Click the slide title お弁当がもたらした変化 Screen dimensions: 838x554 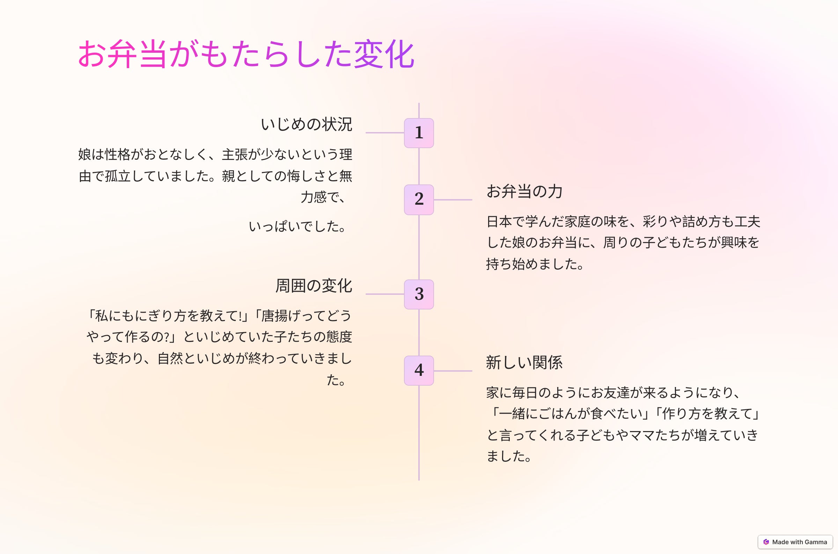pyautogui.click(x=246, y=54)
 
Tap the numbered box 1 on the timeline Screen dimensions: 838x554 pyautogui.click(x=419, y=133)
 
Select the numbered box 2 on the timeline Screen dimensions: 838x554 pyautogui.click(x=419, y=199)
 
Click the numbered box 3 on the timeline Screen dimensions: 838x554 pyautogui.click(x=419, y=294)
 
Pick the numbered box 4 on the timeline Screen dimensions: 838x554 pyautogui.click(x=419, y=371)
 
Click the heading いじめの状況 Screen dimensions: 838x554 pyautogui.click(x=306, y=124)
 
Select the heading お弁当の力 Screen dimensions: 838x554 pyautogui.click(x=524, y=191)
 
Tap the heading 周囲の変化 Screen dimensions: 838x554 pyautogui.click(x=314, y=285)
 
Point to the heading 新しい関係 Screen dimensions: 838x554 pyautogui.click(x=524, y=363)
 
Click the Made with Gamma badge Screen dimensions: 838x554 pyautogui.click(x=795, y=542)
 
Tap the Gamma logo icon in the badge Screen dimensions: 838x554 pyautogui.click(x=766, y=542)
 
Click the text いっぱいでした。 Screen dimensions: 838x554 pyautogui.click(x=297, y=226)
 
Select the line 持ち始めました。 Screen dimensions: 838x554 pyautogui.click(x=535, y=264)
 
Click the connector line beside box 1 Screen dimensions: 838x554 pyautogui.click(x=384, y=133)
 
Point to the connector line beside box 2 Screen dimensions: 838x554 pyautogui.click(x=453, y=199)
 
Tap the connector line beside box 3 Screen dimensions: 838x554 pyautogui.click(x=384, y=294)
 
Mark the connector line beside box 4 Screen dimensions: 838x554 pyautogui.click(x=453, y=371)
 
